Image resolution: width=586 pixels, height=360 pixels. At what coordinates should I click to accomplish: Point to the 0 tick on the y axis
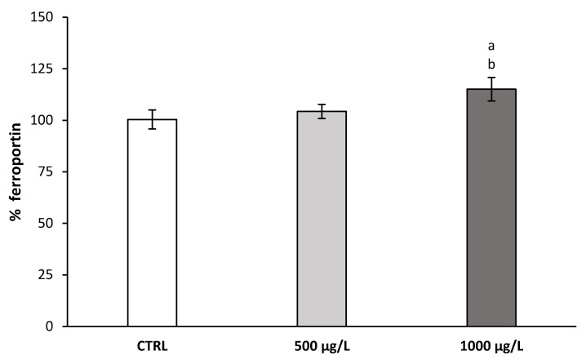[x=51, y=327]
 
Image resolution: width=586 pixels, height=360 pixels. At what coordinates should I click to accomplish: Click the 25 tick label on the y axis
[x=47, y=275]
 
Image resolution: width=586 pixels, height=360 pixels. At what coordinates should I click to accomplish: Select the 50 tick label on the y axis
[x=47, y=224]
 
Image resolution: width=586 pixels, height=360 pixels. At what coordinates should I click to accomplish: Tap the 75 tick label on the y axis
[x=47, y=172]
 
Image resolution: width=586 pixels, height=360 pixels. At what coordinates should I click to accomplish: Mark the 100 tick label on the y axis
[x=44, y=121]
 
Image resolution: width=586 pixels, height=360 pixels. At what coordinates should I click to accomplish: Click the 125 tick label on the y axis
[x=44, y=69]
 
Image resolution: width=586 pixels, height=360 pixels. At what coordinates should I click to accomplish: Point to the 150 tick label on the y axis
[x=44, y=18]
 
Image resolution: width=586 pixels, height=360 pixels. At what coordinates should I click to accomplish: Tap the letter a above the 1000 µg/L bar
[x=491, y=47]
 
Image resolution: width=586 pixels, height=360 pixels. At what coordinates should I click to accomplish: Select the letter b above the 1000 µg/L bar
[x=491, y=64]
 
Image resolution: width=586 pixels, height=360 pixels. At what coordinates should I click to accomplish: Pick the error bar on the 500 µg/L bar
[x=322, y=112]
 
